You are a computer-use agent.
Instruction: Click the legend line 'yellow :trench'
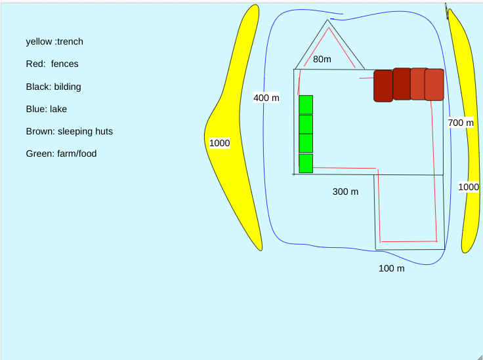(54, 42)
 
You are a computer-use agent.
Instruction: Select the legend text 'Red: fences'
(52, 64)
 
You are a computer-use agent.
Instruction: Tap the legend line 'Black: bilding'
(54, 87)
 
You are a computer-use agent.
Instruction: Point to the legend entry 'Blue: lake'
(47, 109)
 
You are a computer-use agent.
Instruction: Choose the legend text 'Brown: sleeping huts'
(70, 131)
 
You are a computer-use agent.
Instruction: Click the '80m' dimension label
(322, 60)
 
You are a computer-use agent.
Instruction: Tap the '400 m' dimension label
(266, 98)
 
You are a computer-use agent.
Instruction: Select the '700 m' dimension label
(461, 123)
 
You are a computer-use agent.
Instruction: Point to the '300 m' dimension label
(346, 191)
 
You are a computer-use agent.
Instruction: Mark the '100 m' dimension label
(392, 268)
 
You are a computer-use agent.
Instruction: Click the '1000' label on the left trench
(219, 143)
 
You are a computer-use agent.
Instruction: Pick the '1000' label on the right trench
(469, 187)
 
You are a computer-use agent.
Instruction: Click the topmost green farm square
(306, 104)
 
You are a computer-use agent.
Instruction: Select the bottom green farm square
(306, 163)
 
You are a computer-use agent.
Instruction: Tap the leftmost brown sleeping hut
(383, 86)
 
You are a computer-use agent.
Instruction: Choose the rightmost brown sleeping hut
(434, 85)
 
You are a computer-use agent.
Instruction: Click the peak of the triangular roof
(327, 20)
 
